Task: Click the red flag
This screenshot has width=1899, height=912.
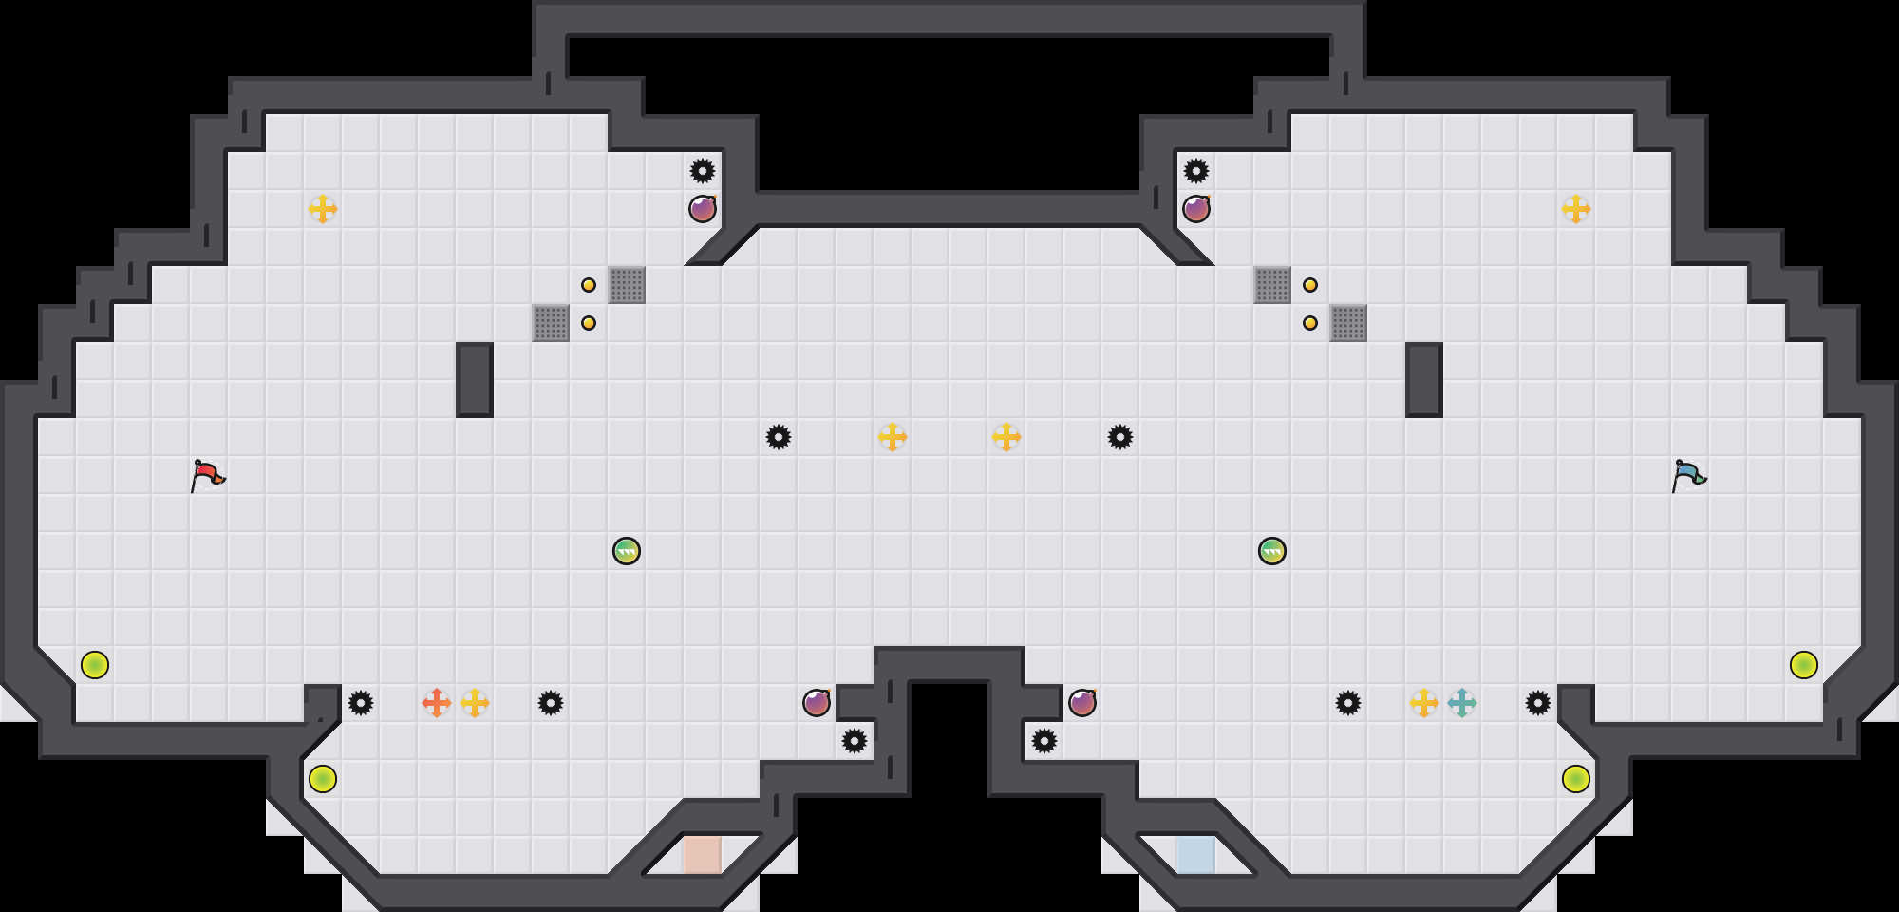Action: pos(207,475)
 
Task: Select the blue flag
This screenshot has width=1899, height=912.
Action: pos(1688,475)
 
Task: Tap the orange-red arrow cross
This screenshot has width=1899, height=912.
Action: pos(437,703)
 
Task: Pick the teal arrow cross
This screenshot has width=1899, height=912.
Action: pos(1462,703)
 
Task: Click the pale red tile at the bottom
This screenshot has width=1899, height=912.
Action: pos(703,854)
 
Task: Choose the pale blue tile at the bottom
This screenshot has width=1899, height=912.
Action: pos(1195,854)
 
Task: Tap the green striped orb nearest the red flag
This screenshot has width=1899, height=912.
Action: pos(627,551)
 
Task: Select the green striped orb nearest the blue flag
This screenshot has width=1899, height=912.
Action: pos(1272,551)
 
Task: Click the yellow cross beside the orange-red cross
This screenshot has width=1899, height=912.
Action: pos(475,703)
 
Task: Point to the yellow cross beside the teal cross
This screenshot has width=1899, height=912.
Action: pos(1424,703)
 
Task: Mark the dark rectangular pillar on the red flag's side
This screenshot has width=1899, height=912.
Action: pos(475,380)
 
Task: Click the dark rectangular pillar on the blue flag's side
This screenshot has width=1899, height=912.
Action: pos(1424,380)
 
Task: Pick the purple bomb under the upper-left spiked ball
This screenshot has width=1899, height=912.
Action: pos(703,209)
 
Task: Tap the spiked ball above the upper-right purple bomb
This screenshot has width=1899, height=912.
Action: pos(1196,171)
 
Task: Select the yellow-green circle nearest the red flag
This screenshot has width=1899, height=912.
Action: pos(95,665)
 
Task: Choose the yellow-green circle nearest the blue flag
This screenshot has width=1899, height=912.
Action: pos(1804,665)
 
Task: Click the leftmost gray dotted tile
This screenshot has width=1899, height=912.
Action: pos(551,323)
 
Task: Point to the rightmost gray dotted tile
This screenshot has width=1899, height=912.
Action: pos(1348,323)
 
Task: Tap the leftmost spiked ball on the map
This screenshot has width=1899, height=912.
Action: pos(361,703)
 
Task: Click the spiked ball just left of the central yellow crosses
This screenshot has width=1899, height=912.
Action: pos(779,437)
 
